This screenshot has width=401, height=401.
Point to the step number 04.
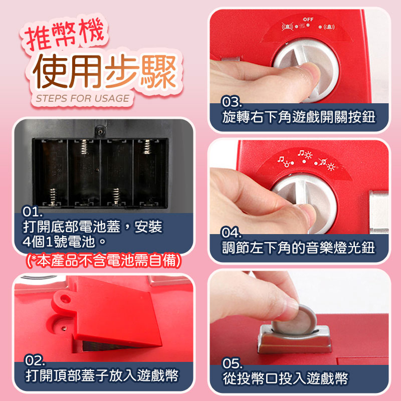click(x=233, y=233)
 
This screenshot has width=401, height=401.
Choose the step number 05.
click(x=233, y=363)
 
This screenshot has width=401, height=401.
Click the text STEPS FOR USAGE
click(x=82, y=98)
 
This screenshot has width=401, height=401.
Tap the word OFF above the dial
click(x=308, y=19)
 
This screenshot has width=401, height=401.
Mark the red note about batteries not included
click(x=103, y=261)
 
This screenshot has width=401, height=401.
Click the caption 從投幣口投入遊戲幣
click(x=285, y=378)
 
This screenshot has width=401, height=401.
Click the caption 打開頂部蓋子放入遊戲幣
click(x=103, y=376)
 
